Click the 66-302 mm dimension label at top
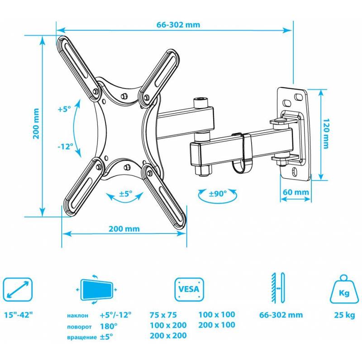coord(178,25)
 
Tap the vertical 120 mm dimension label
coord(325,133)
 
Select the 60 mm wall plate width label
coord(296,192)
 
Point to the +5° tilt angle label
coord(64,109)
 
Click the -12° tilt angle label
coord(65,146)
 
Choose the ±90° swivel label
coord(218,194)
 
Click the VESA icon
coord(189,289)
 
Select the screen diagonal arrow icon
coord(18,289)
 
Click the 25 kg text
coord(344,315)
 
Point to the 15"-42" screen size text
coord(19,314)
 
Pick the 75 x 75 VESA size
coord(163,314)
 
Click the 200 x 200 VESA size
coord(168,335)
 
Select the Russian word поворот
coord(79,327)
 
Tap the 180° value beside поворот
coord(109,326)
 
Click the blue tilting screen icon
coord(96,290)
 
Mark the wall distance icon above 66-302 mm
coord(278,288)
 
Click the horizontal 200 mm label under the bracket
coord(124,229)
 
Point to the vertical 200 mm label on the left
coord(36,124)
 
